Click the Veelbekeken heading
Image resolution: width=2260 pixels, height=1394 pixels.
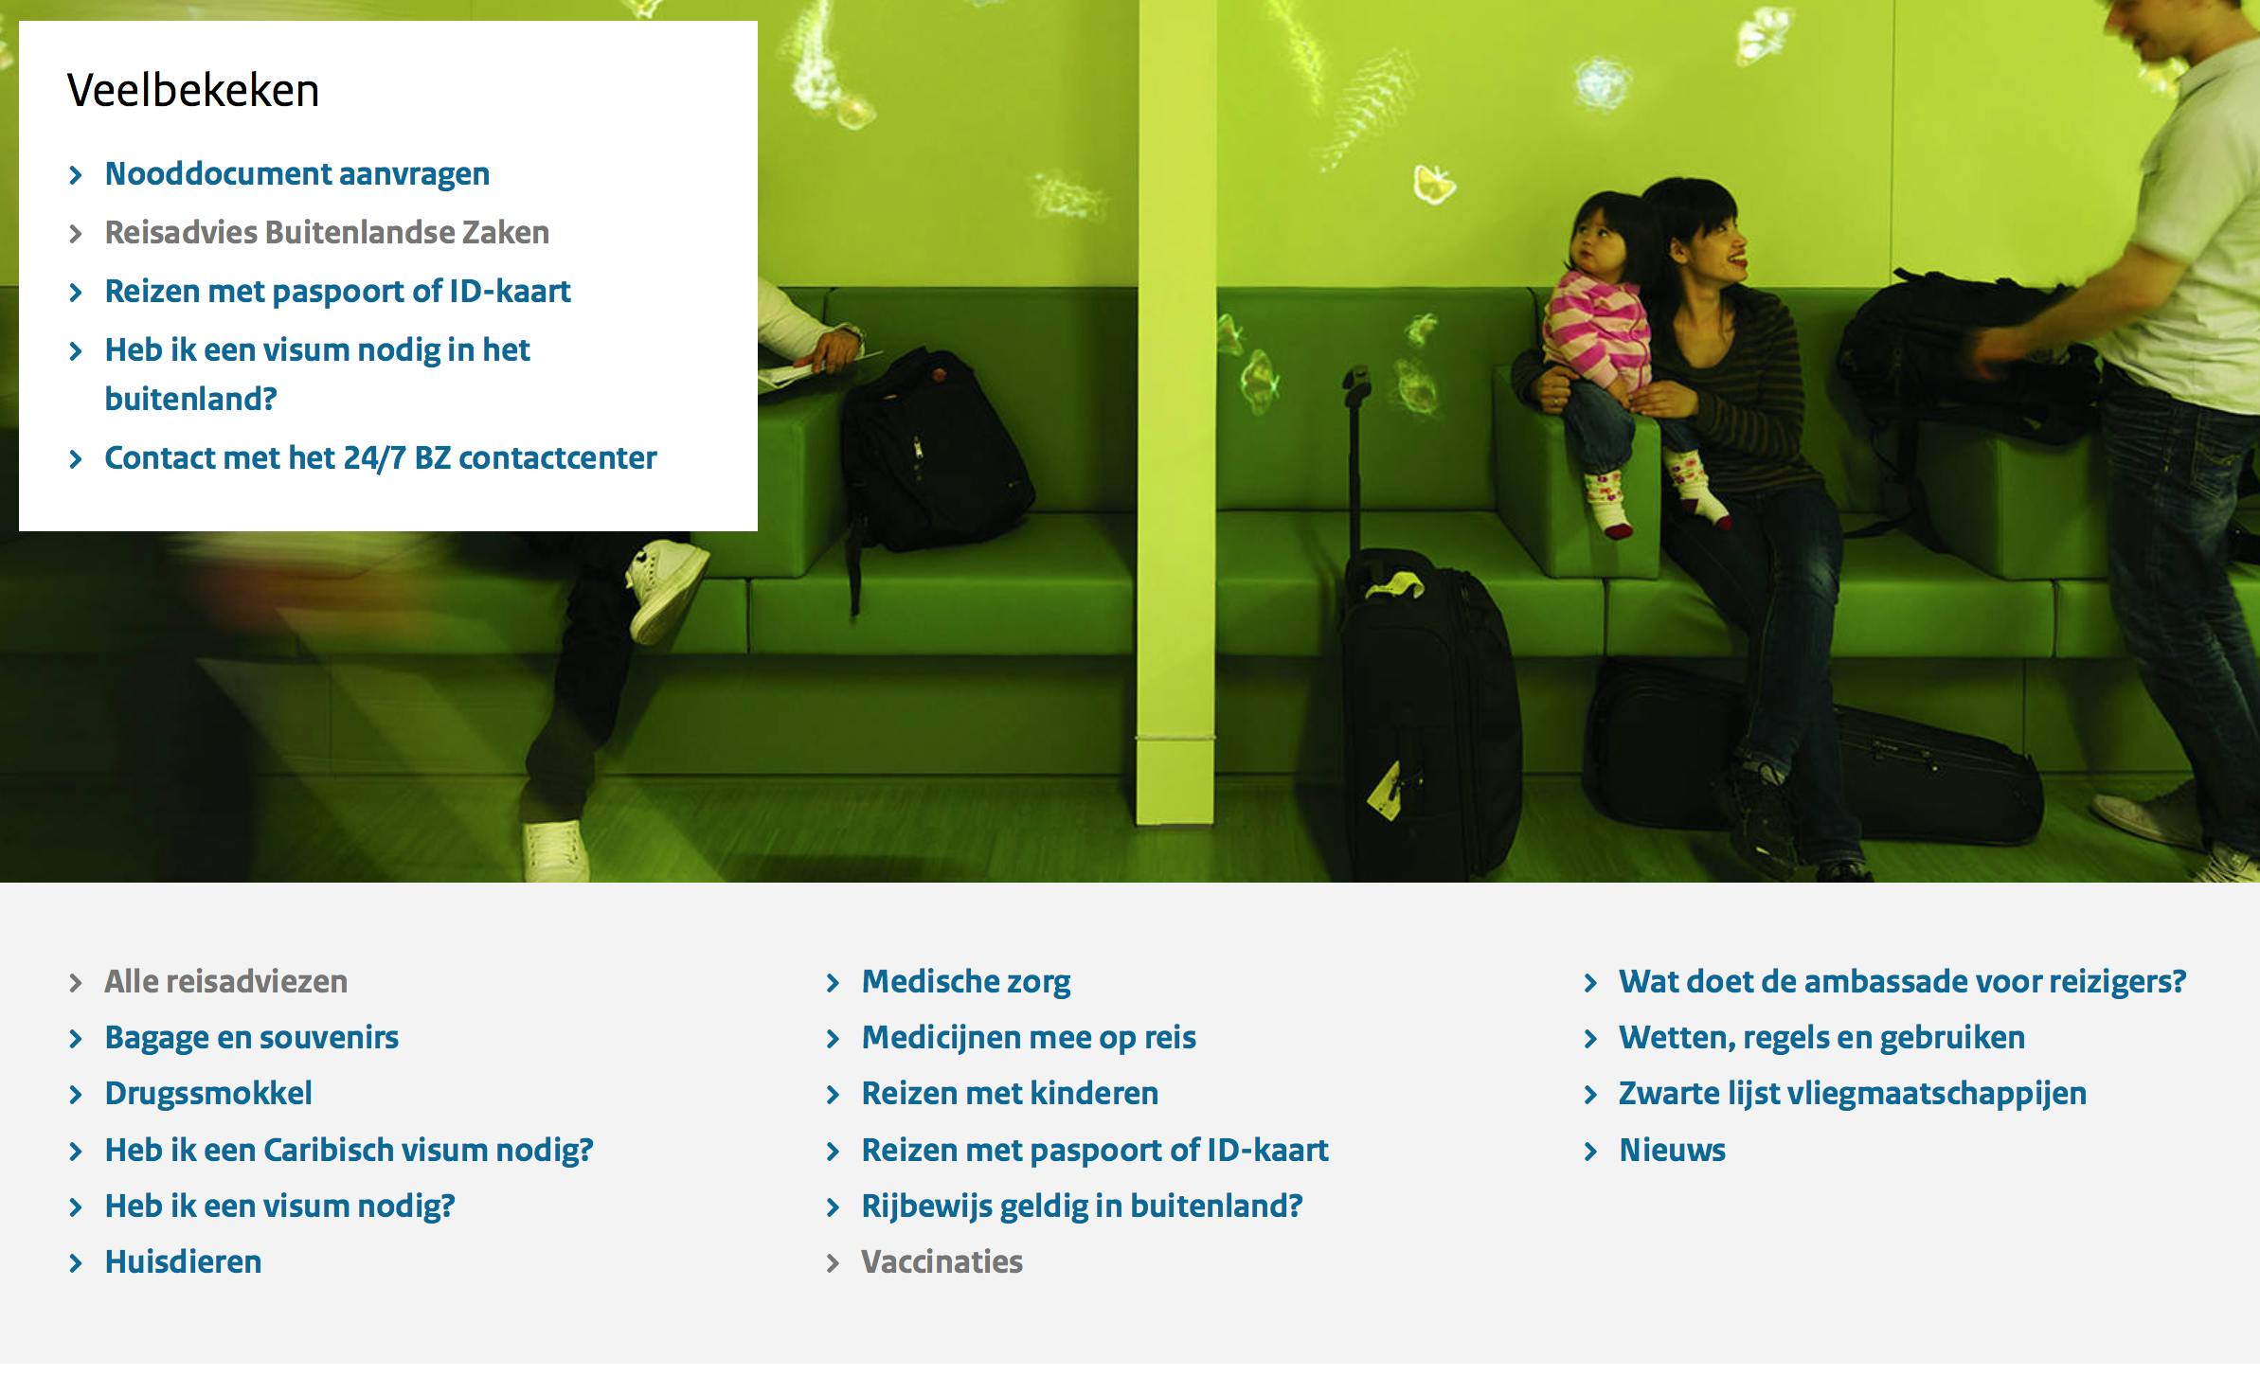click(x=193, y=91)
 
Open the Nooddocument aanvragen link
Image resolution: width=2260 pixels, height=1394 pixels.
click(x=296, y=174)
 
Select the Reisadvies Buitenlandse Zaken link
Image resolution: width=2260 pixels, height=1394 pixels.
click(x=327, y=233)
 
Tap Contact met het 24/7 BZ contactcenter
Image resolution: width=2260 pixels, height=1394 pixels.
click(x=380, y=458)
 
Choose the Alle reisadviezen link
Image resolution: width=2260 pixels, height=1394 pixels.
click(x=225, y=982)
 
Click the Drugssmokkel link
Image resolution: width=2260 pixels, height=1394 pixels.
click(x=208, y=1094)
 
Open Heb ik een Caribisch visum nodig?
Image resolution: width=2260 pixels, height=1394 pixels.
click(x=349, y=1151)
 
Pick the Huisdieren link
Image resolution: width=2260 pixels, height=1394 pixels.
click(x=183, y=1262)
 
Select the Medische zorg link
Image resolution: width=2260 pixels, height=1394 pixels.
click(x=966, y=982)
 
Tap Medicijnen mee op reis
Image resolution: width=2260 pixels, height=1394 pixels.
click(x=1029, y=1038)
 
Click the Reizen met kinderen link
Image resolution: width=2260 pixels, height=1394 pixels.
click(x=1010, y=1094)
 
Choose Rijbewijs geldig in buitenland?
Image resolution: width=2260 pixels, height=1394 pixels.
click(x=1082, y=1206)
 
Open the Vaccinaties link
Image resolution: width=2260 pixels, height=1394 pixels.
click(x=942, y=1262)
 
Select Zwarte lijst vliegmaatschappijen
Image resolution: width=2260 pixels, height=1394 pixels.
click(x=1852, y=1094)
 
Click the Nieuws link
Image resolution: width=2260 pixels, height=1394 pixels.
click(x=1672, y=1151)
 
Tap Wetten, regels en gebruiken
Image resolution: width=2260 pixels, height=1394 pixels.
click(x=1821, y=1038)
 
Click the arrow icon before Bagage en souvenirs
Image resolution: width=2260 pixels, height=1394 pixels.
click(x=77, y=1040)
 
